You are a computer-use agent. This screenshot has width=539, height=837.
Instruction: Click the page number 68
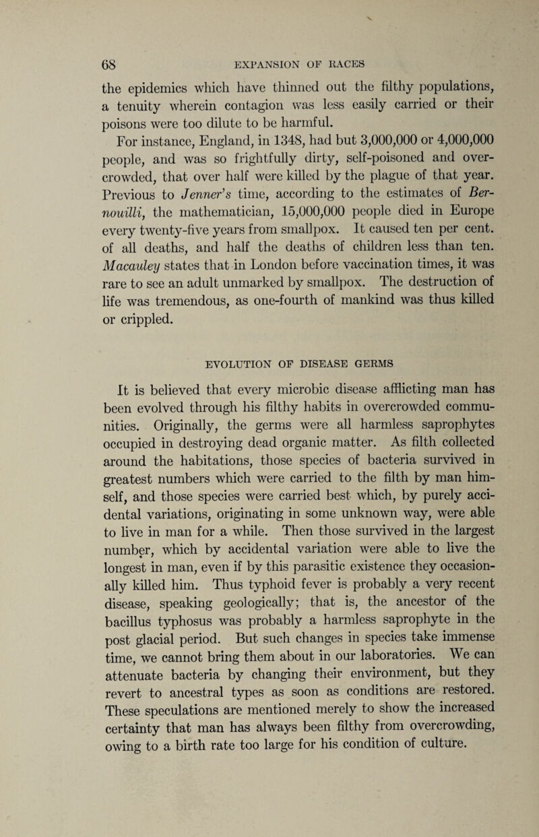coord(55,67)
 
